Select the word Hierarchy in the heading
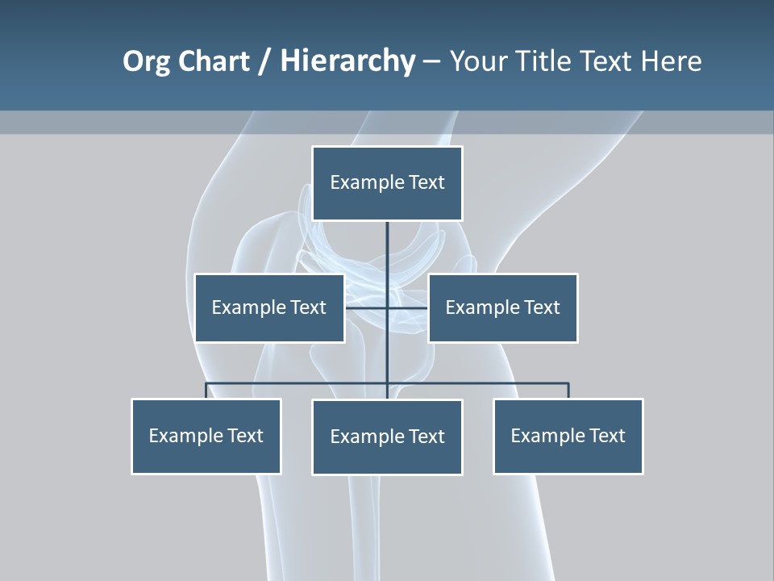[347, 61]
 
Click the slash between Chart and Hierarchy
[264, 62]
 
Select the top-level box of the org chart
[387, 183]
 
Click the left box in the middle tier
[269, 307]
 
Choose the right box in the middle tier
[502, 307]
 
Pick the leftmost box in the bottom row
[206, 436]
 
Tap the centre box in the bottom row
[387, 437]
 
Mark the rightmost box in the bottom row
[568, 436]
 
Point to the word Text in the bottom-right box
[607, 436]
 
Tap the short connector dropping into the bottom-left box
[206, 391]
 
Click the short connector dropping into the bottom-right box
[568, 391]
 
